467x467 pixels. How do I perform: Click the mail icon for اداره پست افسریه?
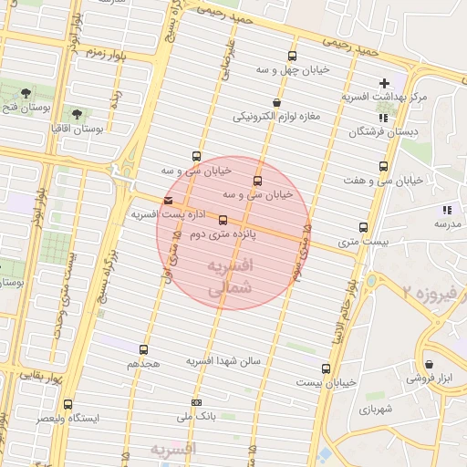tap(167, 201)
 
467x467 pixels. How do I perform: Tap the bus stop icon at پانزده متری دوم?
tap(223, 220)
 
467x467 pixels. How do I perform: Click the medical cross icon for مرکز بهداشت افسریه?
tap(385, 84)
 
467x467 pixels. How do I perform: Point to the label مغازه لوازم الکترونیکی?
tap(275, 116)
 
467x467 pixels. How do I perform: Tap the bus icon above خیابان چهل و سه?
tap(292, 56)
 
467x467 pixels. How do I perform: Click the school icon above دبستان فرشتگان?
tap(383, 118)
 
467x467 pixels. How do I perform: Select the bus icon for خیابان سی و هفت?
tap(383, 167)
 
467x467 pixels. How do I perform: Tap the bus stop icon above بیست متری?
tap(363, 227)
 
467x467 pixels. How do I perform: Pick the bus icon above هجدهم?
tap(143, 349)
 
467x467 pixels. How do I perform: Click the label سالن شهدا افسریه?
tap(224, 360)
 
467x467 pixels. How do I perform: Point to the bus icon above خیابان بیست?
tap(326, 368)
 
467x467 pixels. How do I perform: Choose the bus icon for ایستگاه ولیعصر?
tap(67, 404)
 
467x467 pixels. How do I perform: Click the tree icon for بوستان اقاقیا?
tap(75, 114)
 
